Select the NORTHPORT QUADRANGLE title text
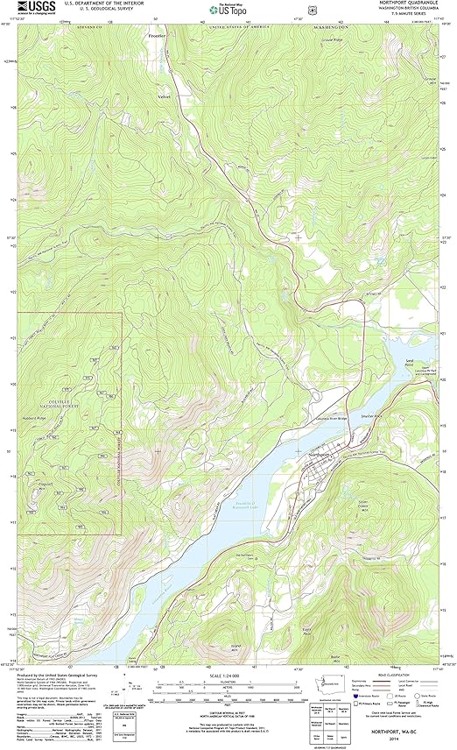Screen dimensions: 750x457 pos(411,4)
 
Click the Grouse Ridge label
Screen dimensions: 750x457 pos(355,40)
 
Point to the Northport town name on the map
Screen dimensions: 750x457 pos(320,455)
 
